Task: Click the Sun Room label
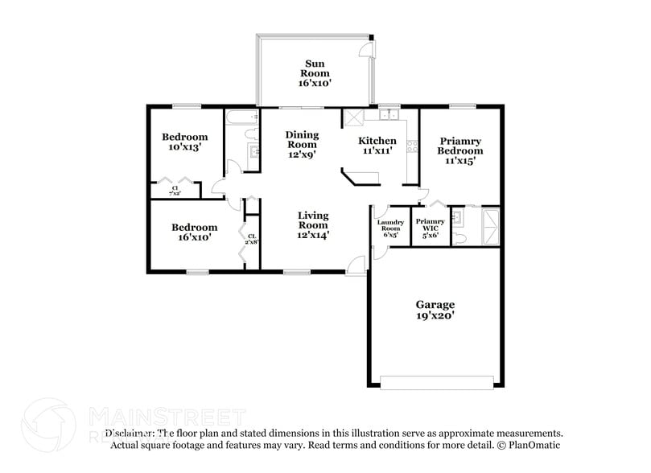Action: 315,72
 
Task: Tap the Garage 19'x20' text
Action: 435,311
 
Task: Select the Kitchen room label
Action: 377,146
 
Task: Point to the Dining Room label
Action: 303,145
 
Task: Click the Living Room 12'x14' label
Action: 313,225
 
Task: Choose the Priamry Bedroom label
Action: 460,150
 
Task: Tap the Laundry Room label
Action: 389,228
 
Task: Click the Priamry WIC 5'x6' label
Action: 431,228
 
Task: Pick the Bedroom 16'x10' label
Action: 195,232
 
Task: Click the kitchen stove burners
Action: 413,146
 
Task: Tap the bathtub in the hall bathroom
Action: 241,118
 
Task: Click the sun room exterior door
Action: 367,49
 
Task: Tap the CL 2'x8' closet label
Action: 252,237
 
